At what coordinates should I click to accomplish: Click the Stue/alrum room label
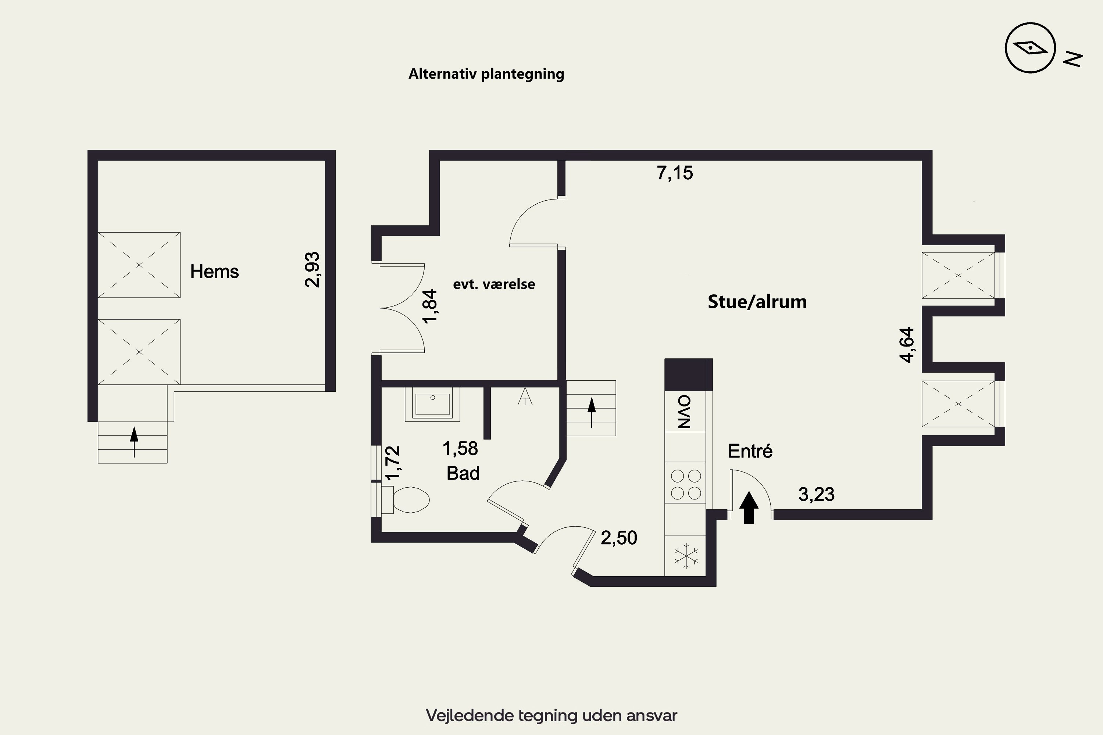tap(757, 302)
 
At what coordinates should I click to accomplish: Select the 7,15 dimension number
tap(674, 173)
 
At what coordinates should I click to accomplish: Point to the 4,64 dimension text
tap(907, 345)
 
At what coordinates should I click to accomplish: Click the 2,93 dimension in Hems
tap(312, 269)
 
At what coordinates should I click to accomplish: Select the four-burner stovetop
tap(686, 485)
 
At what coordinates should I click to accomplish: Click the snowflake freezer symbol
tap(686, 556)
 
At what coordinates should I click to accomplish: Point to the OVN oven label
tap(685, 412)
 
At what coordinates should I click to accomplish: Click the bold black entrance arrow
tap(749, 507)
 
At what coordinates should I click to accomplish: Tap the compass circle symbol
tap(1030, 48)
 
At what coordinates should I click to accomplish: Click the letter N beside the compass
tap(1073, 59)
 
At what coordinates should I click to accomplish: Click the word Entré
tap(750, 451)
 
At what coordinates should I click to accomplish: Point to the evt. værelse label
tap(494, 284)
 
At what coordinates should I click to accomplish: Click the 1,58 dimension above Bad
tap(460, 449)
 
